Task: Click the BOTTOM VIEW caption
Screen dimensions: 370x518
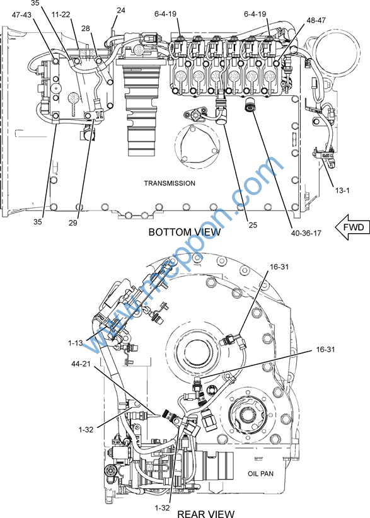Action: coord(185,232)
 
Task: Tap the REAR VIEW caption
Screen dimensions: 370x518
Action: coord(206,514)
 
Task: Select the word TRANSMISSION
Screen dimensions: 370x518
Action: coord(170,183)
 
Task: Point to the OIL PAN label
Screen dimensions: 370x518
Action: coord(261,474)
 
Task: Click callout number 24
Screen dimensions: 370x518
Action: coord(121,10)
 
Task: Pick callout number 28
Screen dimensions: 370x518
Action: coord(86,28)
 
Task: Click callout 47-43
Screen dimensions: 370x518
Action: coord(21,15)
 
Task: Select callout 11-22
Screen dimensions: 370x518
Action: coord(61,14)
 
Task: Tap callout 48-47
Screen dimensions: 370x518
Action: coord(316,20)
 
